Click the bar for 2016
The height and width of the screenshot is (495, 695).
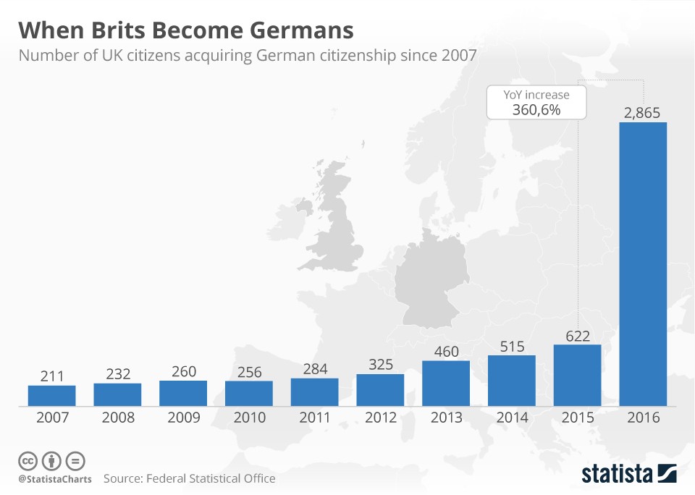pos(643,263)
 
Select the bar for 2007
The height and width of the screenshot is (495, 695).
pos(51,395)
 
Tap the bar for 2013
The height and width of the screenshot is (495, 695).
pos(446,383)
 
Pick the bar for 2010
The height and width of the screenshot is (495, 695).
pos(248,393)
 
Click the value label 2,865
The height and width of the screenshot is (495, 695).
pos(643,113)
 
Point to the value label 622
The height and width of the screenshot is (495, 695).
pos(577,336)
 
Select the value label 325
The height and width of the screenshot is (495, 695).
pos(380,365)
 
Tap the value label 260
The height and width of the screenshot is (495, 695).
pos(183,372)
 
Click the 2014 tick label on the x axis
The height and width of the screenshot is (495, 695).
pos(511,418)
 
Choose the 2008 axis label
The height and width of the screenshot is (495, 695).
pos(117,418)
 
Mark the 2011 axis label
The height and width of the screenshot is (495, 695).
pos(314,418)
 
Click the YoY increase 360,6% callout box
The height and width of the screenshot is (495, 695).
pos(536,102)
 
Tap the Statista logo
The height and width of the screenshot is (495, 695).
pos(628,473)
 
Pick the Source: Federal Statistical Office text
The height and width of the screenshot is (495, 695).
pos(189,478)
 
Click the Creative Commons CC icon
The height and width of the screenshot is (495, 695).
pos(28,461)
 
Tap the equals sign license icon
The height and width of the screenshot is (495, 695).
pos(75,461)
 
